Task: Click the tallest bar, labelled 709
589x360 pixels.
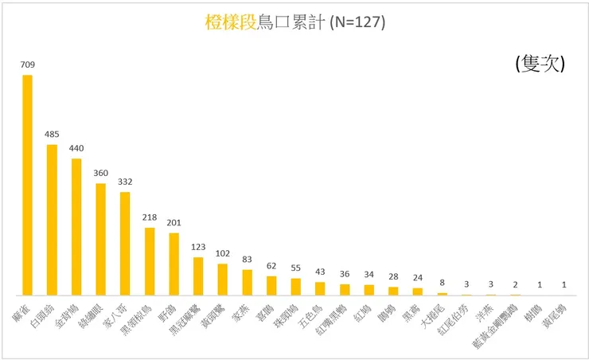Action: point(27,185)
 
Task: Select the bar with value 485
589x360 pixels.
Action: point(52,220)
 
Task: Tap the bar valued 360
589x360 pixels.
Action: point(100,239)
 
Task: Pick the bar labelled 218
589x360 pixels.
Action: point(149,261)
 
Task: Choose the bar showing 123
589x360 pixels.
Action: point(198,276)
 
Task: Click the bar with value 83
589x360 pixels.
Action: point(247,282)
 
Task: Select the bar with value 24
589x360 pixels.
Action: point(417,292)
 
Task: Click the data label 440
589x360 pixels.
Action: point(76,148)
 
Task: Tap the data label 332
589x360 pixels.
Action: point(125,182)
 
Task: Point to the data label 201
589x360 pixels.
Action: point(174,223)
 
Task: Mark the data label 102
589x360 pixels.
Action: point(222,254)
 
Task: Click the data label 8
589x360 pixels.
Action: point(442,283)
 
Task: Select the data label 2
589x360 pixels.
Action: point(515,284)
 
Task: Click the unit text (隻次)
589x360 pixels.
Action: point(540,65)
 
